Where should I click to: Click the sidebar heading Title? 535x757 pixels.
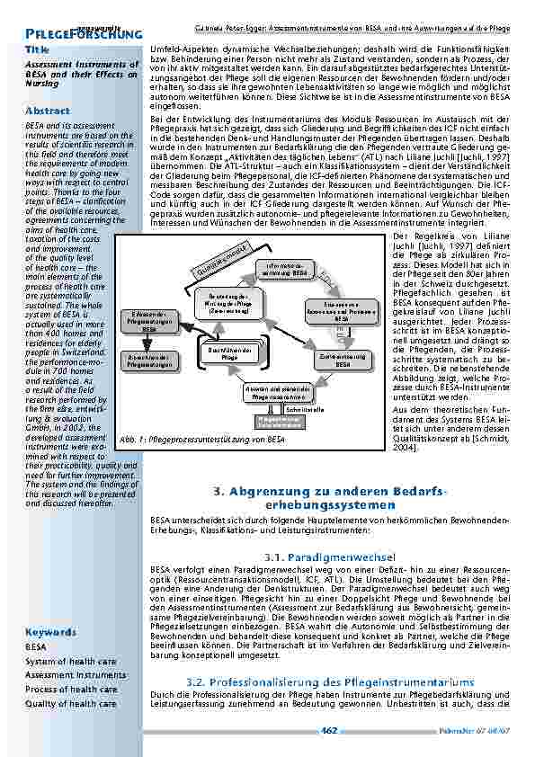[x=38, y=49]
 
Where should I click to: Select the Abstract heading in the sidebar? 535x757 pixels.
[x=48, y=110]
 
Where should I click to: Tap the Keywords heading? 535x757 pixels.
[x=50, y=632]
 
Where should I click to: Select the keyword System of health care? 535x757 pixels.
[x=70, y=661]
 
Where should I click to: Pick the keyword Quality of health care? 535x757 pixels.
[x=71, y=704]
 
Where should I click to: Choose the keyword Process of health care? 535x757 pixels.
[x=71, y=690]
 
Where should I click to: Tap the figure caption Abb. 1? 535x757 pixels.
[x=201, y=440]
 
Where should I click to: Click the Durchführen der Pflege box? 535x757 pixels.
[x=229, y=354]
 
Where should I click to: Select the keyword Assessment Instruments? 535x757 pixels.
[x=76, y=675]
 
